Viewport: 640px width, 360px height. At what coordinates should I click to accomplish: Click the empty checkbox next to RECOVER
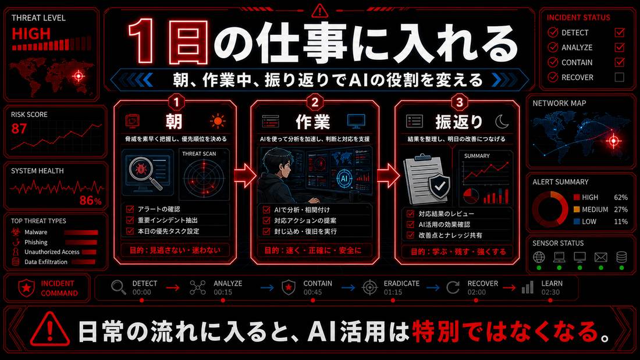click(619, 77)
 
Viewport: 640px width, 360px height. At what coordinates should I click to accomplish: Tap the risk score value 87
click(19, 129)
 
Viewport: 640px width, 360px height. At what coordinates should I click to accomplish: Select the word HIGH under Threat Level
click(31, 34)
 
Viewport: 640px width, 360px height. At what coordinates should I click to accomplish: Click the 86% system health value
click(90, 201)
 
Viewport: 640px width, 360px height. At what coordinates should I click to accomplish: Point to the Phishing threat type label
click(36, 242)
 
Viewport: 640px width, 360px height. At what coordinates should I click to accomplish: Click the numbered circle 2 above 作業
click(315, 102)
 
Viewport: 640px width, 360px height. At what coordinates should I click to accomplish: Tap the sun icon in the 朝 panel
click(218, 121)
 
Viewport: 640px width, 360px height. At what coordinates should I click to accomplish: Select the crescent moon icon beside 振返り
click(502, 121)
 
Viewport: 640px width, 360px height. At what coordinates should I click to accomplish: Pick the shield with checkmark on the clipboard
click(439, 187)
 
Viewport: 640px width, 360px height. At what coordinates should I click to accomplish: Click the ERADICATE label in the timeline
click(401, 283)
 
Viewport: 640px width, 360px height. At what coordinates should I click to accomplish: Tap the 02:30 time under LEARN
click(550, 292)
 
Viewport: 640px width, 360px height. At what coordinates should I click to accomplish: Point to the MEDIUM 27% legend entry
click(600, 209)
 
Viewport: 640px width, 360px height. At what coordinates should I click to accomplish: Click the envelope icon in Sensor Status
click(600, 257)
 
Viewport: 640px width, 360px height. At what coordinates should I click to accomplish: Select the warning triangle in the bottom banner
click(49, 329)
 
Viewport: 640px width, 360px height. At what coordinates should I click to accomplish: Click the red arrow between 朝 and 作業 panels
click(244, 175)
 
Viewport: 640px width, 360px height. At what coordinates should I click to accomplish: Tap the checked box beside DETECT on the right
click(619, 32)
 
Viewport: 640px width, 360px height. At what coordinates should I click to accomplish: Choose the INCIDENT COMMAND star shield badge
click(27, 288)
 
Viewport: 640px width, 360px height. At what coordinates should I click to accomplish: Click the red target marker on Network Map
click(613, 141)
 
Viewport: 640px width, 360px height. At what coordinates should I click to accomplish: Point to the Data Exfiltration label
click(46, 262)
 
